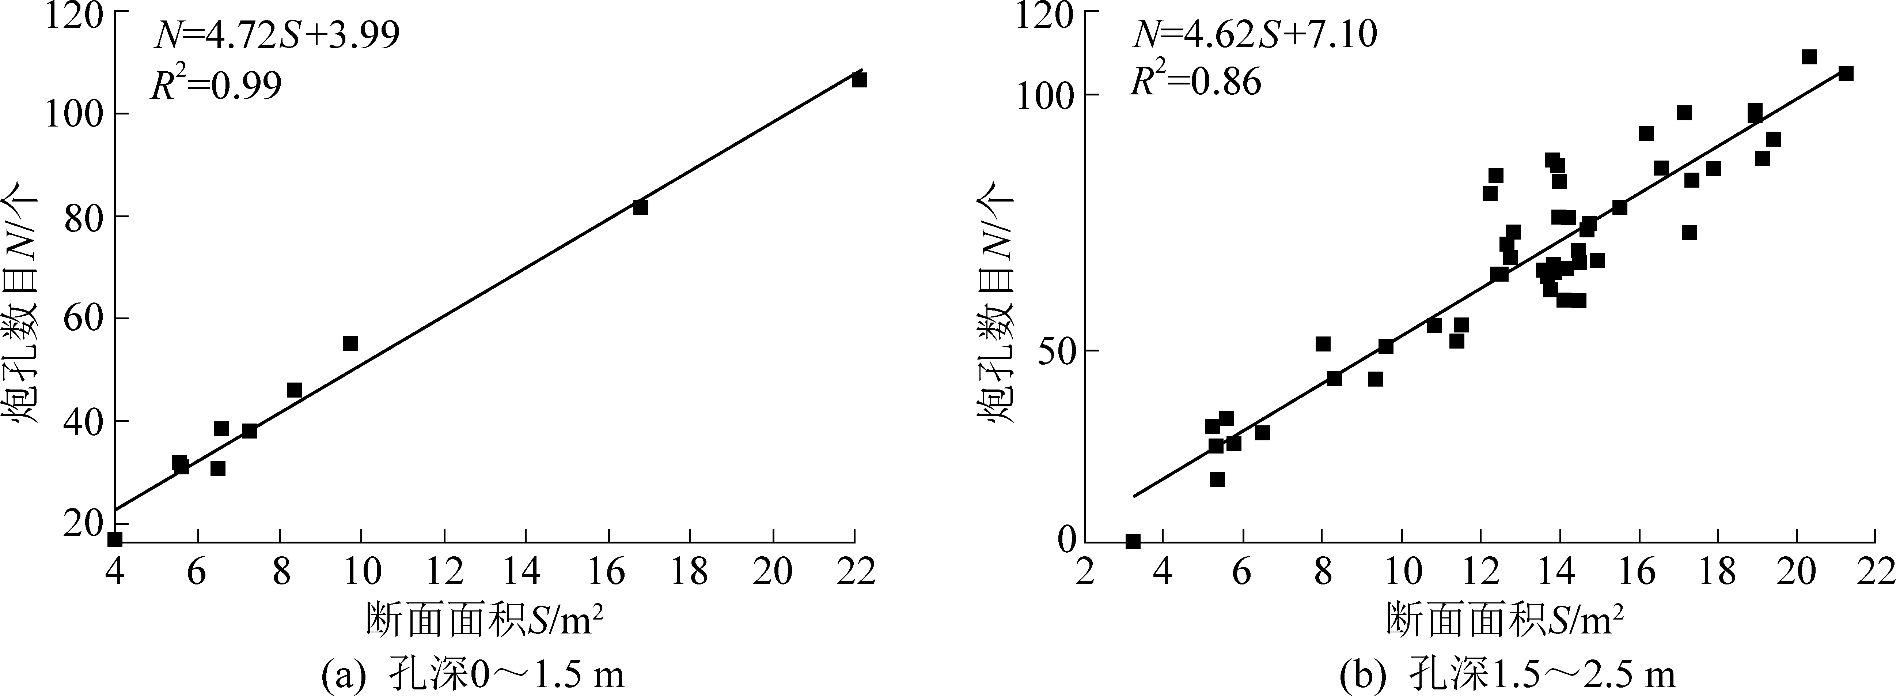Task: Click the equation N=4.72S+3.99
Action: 276,35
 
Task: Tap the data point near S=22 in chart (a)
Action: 859,79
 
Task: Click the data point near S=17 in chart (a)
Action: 640,207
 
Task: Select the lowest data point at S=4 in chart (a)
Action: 115,539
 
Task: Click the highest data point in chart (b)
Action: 1809,57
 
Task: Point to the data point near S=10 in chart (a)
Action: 350,343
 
